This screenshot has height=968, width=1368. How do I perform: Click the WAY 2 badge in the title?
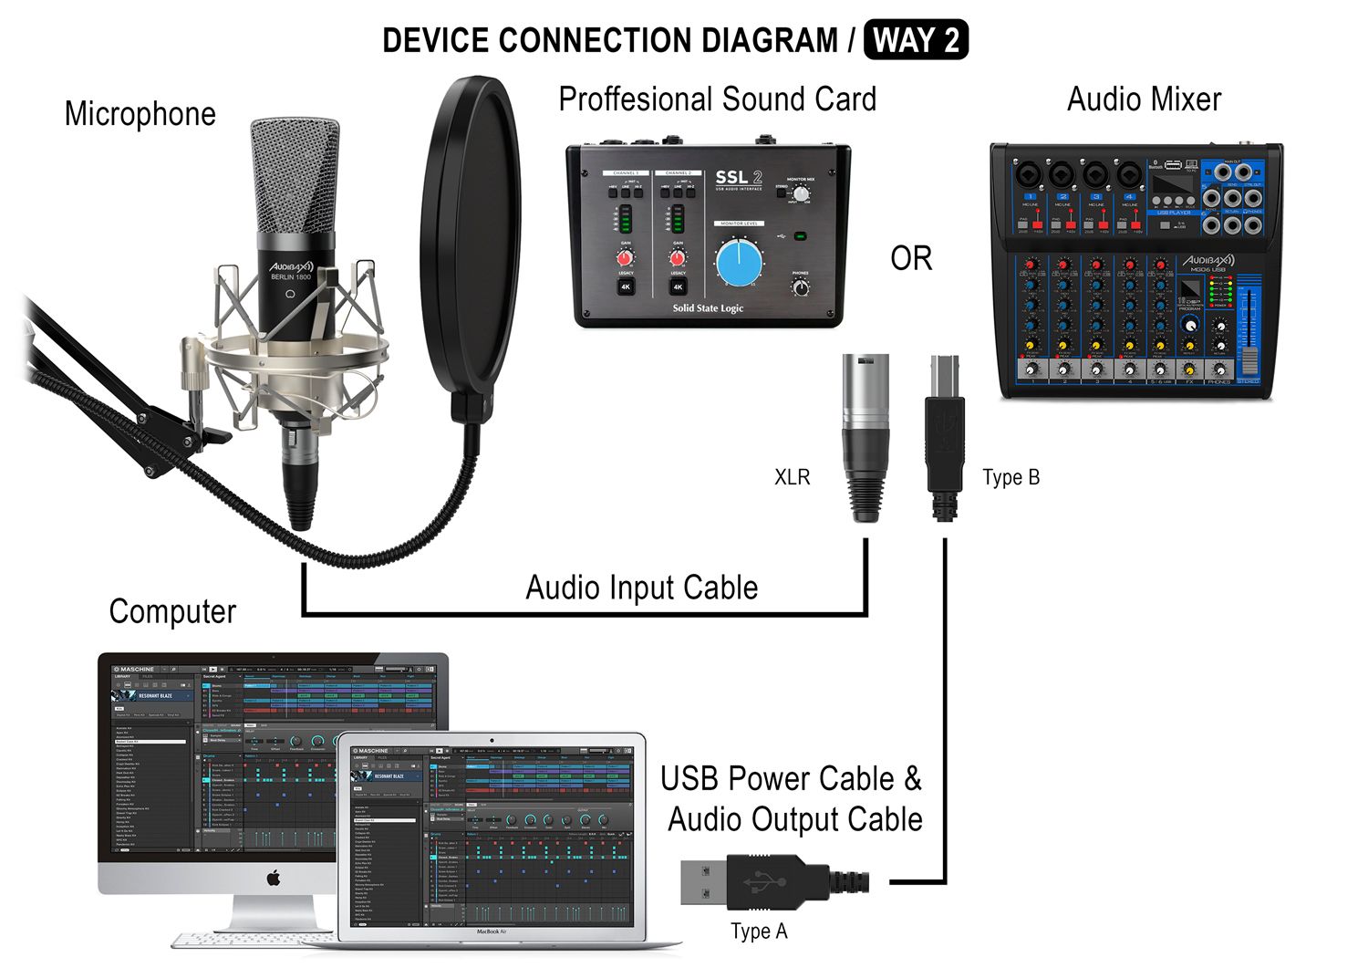915,41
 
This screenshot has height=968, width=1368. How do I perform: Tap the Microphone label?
140,114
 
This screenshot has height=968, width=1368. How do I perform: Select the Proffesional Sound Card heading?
717,99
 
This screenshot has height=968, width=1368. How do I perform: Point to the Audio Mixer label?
1144,99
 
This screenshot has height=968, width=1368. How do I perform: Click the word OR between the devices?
911,259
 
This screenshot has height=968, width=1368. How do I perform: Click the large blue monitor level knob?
740,263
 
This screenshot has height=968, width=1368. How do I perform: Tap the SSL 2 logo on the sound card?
738,178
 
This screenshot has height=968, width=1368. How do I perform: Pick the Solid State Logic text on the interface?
708,308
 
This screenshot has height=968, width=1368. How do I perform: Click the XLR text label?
792,477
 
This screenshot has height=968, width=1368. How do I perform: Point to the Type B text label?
1010,477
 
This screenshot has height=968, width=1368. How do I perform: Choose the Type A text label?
758,932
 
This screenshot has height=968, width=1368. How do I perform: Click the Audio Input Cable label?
641,588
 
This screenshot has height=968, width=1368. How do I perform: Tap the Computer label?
172,611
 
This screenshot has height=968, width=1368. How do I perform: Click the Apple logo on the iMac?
273,879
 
